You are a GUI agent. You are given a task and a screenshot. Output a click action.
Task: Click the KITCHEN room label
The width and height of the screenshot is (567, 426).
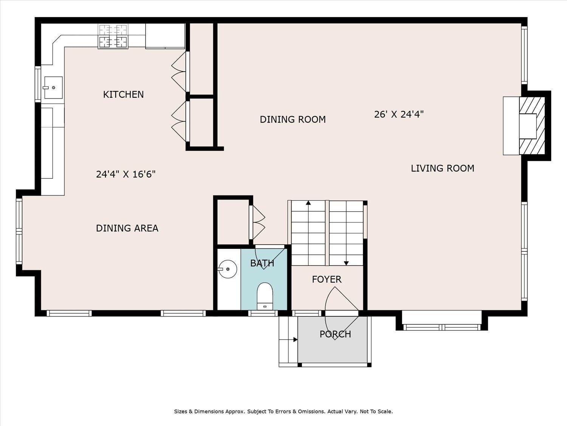tap(124, 94)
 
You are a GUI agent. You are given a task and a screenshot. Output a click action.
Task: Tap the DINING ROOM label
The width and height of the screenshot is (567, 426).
tap(293, 119)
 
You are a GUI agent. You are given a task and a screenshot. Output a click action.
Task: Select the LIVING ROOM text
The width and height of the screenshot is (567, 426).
tap(443, 168)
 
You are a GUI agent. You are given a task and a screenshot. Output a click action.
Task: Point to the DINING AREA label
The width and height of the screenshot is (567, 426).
tap(127, 228)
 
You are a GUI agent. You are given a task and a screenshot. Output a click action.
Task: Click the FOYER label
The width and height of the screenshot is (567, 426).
tap(327, 279)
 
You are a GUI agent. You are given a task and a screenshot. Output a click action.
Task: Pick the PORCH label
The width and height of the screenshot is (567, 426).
tap(335, 334)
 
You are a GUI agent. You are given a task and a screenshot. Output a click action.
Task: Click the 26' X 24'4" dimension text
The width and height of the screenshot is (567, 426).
tap(399, 114)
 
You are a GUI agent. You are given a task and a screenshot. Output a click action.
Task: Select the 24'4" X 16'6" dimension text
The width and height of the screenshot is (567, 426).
tap(126, 174)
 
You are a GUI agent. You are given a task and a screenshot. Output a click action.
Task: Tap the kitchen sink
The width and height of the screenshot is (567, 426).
tap(53, 88)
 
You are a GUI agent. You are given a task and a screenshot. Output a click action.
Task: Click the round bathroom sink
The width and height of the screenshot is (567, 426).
tap(228, 269)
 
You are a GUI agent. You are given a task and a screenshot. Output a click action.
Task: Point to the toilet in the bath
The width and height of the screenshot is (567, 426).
tap(265, 296)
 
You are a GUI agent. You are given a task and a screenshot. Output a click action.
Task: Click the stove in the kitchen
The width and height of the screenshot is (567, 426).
tap(113, 36)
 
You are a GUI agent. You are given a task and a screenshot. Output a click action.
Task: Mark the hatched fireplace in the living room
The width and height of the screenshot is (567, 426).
tap(532, 126)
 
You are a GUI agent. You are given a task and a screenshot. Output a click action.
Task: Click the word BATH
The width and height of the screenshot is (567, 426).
tap(262, 263)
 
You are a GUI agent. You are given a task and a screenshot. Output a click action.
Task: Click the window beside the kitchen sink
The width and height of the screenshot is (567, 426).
tap(38, 84)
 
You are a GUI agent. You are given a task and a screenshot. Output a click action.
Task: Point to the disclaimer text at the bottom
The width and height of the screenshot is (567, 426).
tap(283, 411)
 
